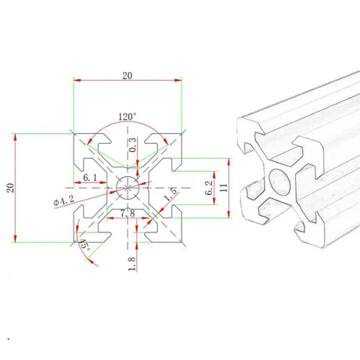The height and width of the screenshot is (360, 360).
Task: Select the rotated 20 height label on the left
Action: click(x=9, y=187)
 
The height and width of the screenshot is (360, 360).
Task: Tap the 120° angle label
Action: click(x=127, y=117)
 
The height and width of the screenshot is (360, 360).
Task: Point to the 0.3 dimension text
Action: click(x=132, y=146)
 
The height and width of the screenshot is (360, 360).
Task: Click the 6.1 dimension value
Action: click(x=90, y=179)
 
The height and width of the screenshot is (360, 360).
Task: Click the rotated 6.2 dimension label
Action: click(x=208, y=187)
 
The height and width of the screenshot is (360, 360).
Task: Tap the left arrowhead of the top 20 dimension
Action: click(x=76, y=79)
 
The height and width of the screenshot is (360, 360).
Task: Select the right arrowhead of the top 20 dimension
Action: click(x=178, y=79)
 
